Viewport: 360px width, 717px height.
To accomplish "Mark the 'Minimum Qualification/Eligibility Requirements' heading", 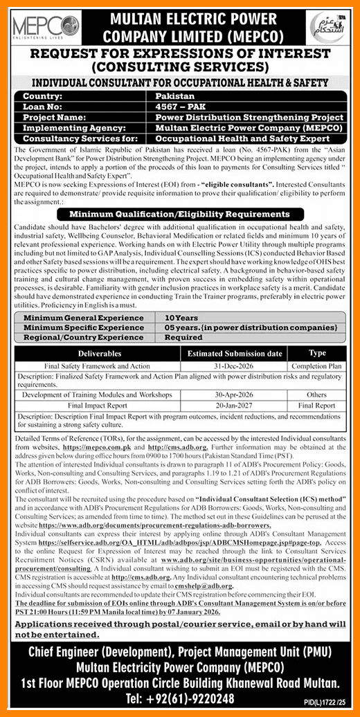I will pyautogui.click(x=179, y=214).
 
